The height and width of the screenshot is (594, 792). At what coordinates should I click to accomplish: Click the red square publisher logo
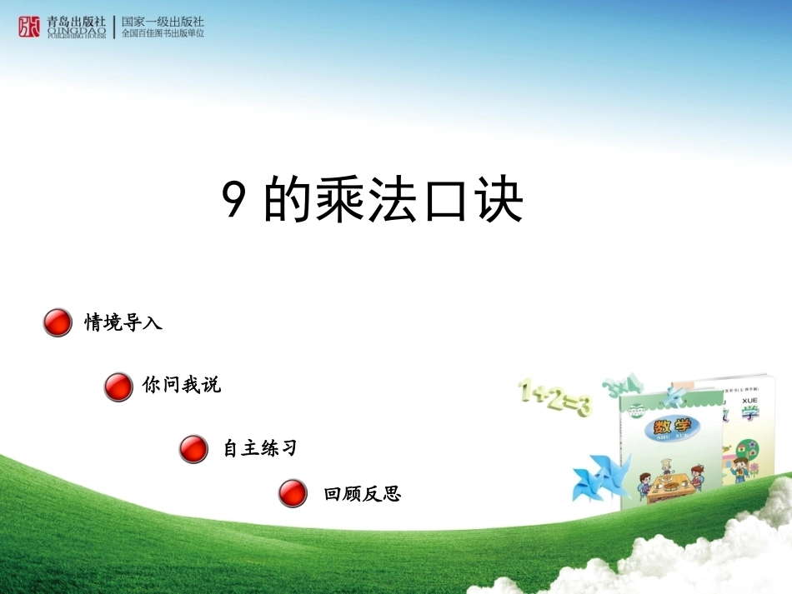tap(29, 27)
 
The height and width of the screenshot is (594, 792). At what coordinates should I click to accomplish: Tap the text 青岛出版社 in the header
tap(77, 21)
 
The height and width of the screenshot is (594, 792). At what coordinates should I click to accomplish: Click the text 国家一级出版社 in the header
tap(163, 21)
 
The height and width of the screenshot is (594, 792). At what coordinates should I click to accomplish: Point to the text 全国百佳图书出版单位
tap(163, 33)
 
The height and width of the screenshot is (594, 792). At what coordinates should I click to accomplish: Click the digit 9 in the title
tap(234, 202)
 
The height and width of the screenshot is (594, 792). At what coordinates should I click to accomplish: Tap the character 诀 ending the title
tap(497, 202)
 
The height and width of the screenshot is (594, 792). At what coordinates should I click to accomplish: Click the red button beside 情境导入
tap(58, 322)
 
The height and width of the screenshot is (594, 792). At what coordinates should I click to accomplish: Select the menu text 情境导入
tap(123, 322)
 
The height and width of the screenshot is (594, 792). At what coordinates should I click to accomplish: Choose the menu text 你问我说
tap(182, 386)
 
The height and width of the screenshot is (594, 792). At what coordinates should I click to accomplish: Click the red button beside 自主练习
tap(193, 449)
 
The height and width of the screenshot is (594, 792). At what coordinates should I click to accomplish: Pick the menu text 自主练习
tap(260, 449)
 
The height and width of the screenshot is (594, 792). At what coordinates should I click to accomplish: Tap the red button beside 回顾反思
tap(293, 493)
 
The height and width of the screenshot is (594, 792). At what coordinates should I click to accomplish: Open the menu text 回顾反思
tap(363, 494)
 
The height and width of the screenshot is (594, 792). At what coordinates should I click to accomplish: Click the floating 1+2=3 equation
tap(554, 397)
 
